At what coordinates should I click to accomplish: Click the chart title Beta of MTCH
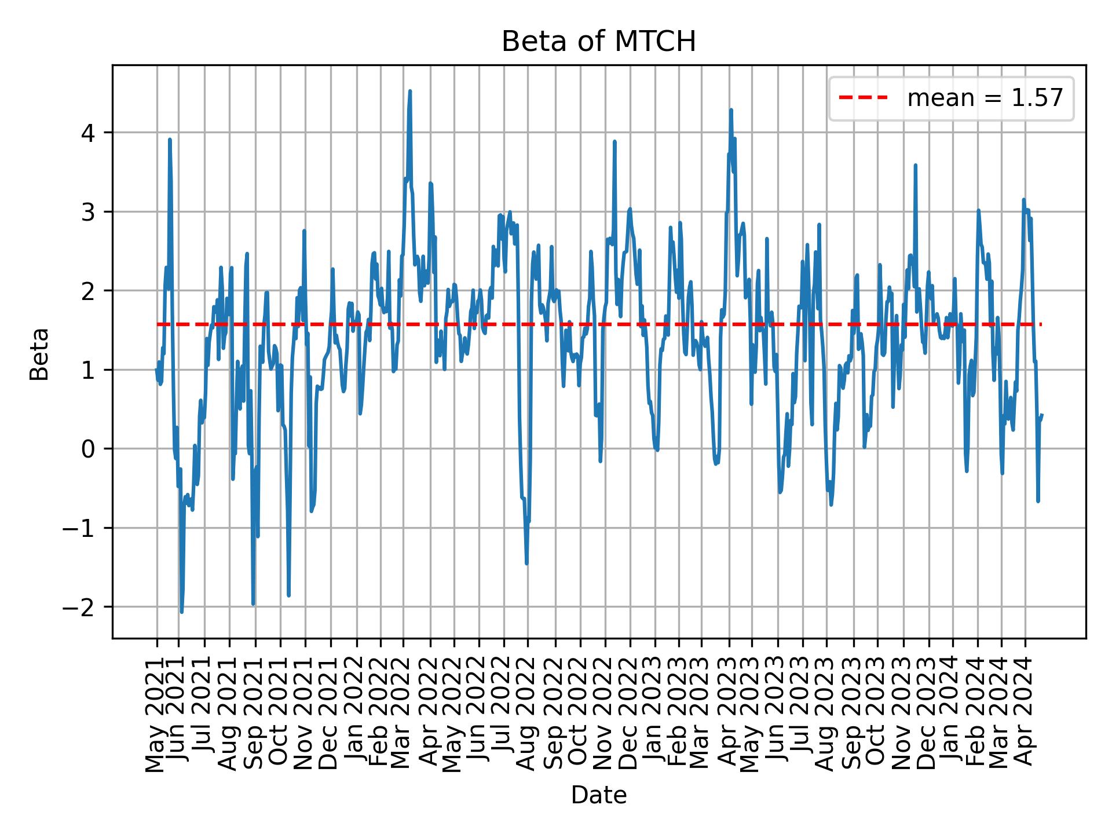coord(598,42)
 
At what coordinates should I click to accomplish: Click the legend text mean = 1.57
coord(985,98)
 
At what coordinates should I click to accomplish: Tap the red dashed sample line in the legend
coord(863,98)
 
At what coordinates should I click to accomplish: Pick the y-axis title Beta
coord(39,354)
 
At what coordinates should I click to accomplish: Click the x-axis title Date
coord(598,795)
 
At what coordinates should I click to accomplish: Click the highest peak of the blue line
coord(410,91)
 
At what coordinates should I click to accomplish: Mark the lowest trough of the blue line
coord(181,612)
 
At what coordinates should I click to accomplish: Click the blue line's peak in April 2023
coord(731,109)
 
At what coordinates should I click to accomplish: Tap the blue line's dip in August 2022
coord(526,563)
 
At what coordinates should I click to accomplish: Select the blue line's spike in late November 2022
coord(614,141)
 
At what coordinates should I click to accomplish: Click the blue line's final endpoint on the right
coord(1042,415)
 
